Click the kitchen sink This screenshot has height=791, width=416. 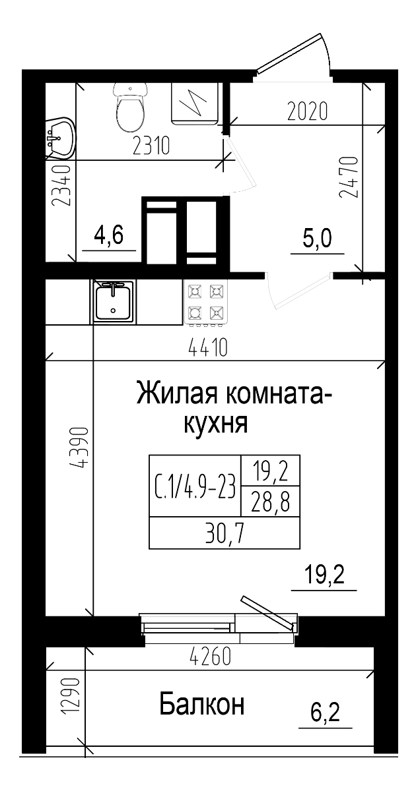[x=113, y=302]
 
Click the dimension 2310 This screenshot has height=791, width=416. [x=151, y=146]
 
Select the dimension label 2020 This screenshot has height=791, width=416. [x=307, y=111]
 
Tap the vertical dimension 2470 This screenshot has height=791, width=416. [x=348, y=177]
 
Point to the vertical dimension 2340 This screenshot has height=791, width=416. [x=61, y=187]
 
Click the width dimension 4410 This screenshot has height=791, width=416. [x=207, y=348]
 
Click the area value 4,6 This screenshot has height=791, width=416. [x=109, y=235]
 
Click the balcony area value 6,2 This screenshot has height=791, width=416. [x=325, y=712]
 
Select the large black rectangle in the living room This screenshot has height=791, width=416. [x=224, y=502]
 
